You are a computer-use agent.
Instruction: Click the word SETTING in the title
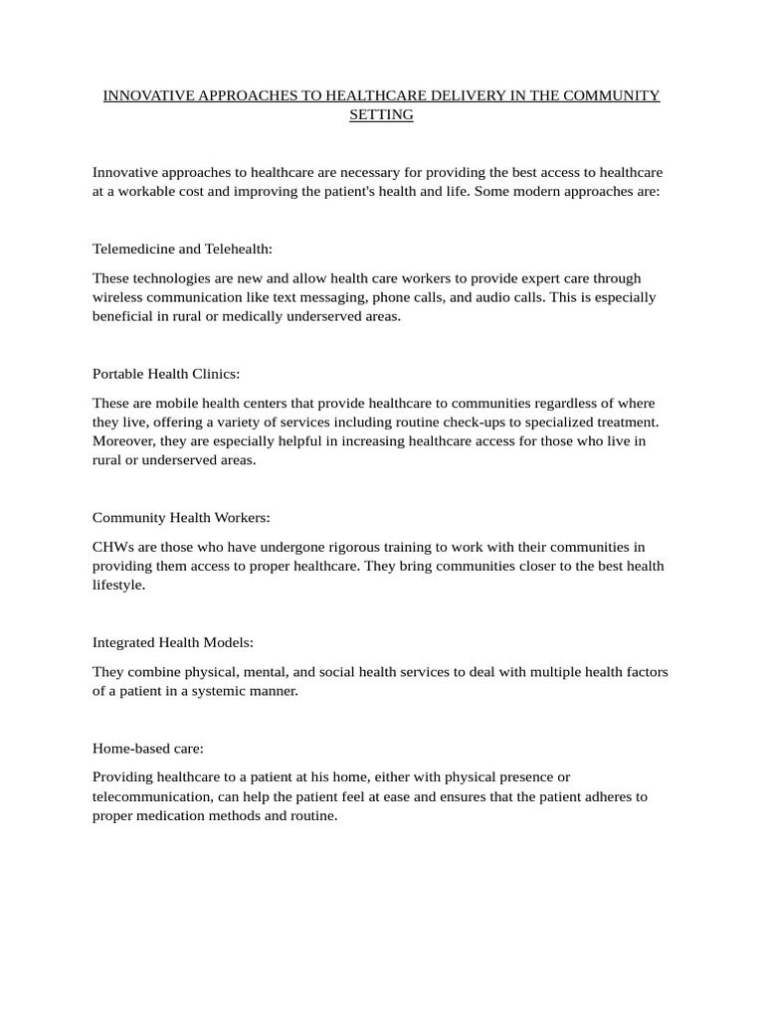tap(381, 115)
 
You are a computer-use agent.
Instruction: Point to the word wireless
tap(119, 297)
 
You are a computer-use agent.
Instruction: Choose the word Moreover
tap(124, 440)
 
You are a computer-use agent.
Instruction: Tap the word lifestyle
tap(118, 585)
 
